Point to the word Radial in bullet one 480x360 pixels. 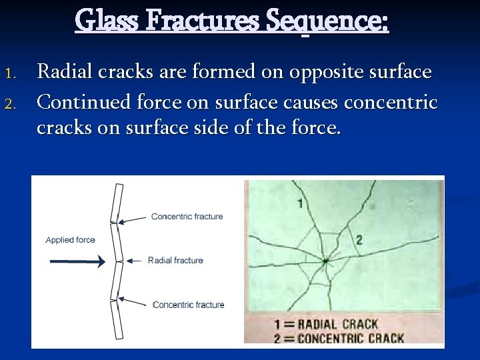point(64,71)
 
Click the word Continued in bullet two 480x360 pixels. point(83,102)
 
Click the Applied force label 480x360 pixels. point(70,240)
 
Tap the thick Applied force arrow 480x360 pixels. point(77,262)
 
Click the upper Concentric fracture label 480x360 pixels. point(187,216)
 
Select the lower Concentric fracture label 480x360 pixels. point(188,305)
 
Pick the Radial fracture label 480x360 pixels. point(175,260)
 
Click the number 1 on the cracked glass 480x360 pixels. point(300,203)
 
